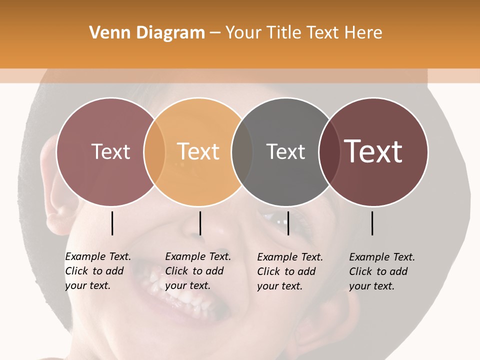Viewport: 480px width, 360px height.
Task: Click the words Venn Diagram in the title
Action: click(x=147, y=33)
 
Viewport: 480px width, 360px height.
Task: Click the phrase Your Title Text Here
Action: click(x=303, y=33)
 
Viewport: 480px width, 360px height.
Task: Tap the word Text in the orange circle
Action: click(x=198, y=151)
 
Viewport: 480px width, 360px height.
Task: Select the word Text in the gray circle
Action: click(x=285, y=151)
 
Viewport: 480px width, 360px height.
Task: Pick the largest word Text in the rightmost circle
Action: click(x=373, y=151)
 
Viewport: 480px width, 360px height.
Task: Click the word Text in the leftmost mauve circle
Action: click(x=110, y=151)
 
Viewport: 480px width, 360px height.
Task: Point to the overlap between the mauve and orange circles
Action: click(x=154, y=151)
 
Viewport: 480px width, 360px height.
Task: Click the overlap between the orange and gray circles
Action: click(x=242, y=151)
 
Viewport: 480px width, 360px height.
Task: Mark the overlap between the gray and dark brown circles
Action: click(x=329, y=151)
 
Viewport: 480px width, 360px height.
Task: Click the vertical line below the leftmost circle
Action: click(x=112, y=223)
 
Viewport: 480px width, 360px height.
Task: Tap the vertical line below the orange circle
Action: click(x=200, y=223)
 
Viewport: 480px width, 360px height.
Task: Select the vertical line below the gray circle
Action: click(x=288, y=223)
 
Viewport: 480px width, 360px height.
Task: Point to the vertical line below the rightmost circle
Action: click(x=372, y=223)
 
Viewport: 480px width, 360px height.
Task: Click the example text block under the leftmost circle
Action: click(x=97, y=271)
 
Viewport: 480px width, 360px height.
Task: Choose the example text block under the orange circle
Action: click(x=197, y=271)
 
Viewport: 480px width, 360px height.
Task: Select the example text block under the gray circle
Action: click(x=289, y=271)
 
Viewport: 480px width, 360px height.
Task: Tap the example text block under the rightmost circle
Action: click(x=381, y=271)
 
